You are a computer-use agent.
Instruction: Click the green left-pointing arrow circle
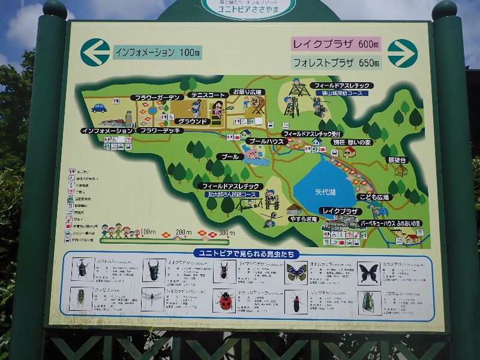[95, 52]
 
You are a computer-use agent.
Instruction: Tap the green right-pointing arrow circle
[402, 53]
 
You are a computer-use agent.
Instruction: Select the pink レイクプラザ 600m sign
[337, 44]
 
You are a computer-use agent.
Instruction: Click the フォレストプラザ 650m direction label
[337, 62]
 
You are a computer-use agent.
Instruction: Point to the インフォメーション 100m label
[157, 52]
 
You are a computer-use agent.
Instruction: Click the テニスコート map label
[208, 95]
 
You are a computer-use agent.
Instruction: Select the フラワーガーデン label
[157, 97]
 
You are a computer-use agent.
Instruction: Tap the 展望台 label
[397, 160]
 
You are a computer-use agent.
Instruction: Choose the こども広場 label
[374, 197]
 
